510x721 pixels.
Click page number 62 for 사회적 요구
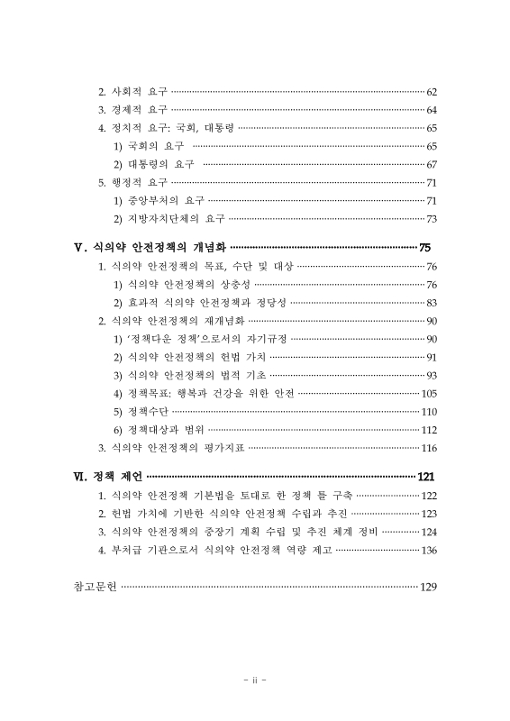coord(431,92)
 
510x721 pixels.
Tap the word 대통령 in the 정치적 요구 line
coord(216,128)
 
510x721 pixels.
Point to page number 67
coord(431,164)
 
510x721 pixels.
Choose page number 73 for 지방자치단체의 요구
coord(431,218)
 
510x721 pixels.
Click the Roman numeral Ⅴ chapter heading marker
coord(78,247)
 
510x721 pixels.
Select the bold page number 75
coord(425,247)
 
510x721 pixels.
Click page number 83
coord(431,303)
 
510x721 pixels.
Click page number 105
coord(429,393)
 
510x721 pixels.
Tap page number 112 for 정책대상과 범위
coord(429,429)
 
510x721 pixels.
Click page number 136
coord(429,550)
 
